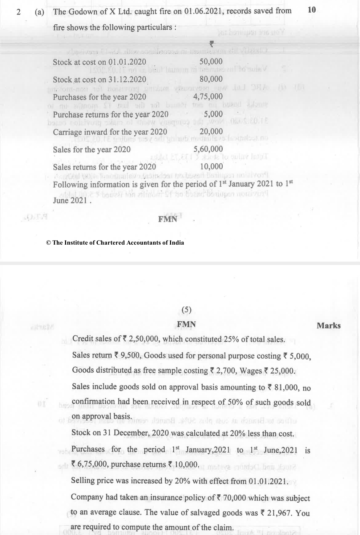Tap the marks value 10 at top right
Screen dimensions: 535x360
(311, 10)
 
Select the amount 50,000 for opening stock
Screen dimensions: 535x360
(211, 62)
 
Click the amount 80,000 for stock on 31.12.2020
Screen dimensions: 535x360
(211, 79)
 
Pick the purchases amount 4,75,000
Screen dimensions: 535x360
(208, 97)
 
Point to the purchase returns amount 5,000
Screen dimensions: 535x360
(213, 114)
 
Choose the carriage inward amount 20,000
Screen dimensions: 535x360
(211, 131)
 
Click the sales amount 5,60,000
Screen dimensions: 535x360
(208, 149)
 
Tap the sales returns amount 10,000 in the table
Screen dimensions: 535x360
(211, 167)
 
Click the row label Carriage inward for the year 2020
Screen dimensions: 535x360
(110, 132)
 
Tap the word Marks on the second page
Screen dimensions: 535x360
(328, 326)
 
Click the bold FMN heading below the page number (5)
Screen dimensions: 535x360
(186, 324)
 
